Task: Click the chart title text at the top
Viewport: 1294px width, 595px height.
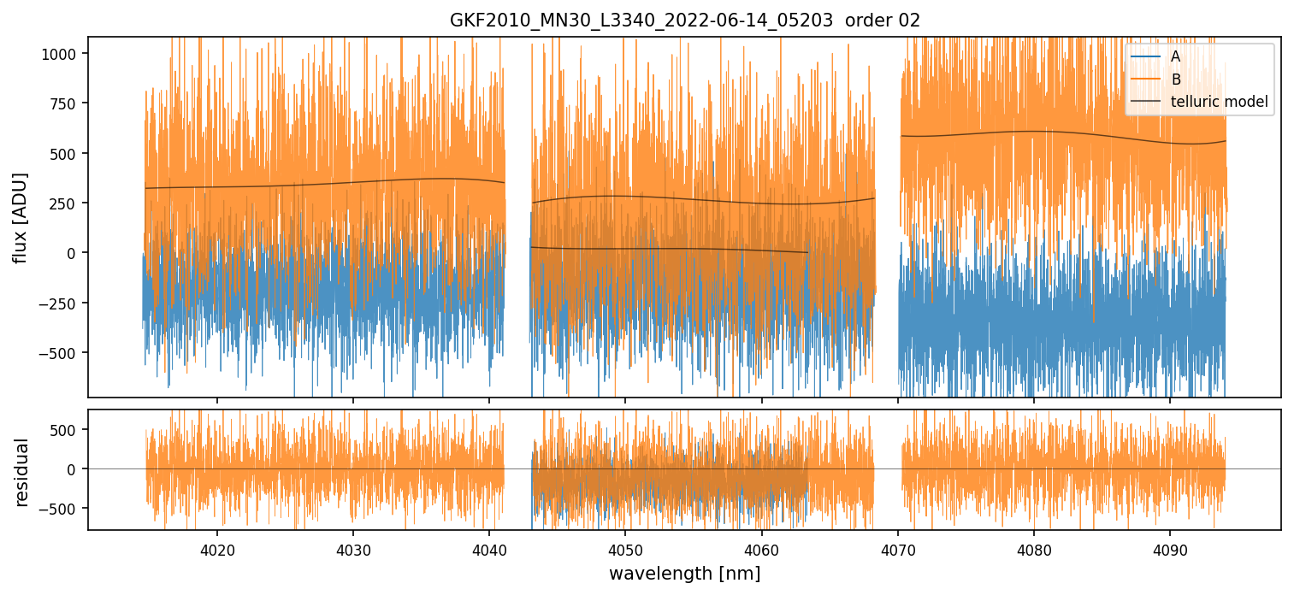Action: point(684,21)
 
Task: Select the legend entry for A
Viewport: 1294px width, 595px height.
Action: point(1175,57)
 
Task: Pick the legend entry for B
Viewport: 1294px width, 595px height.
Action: point(1175,80)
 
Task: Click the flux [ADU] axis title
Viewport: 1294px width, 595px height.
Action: point(21,217)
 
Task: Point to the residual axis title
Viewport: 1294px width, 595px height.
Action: point(21,472)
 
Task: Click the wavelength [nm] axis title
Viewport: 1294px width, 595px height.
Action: point(684,573)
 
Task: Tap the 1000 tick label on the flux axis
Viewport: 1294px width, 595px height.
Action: point(63,54)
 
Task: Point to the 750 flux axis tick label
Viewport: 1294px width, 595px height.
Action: point(67,103)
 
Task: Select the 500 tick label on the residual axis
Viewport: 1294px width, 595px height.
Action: point(67,430)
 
